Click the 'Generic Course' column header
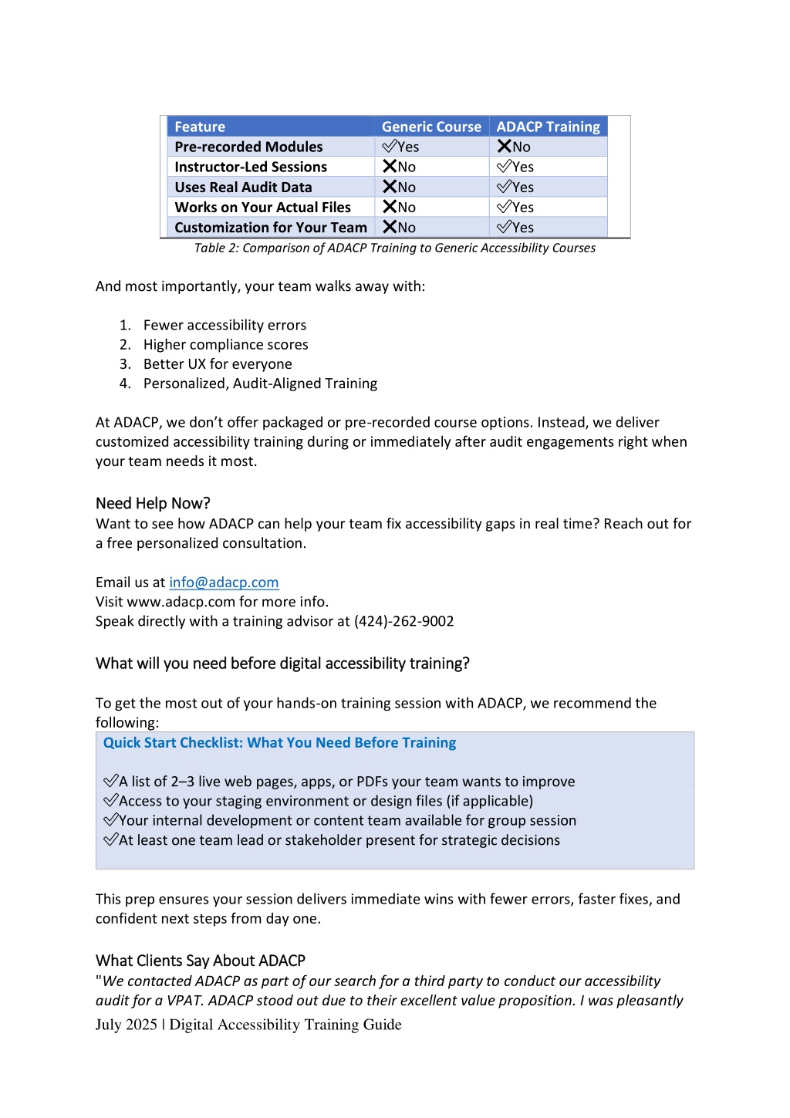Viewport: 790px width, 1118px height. [431, 127]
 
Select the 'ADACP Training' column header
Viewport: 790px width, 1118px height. [548, 127]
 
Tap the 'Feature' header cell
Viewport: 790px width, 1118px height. [200, 127]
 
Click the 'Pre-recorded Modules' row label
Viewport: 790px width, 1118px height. [248, 147]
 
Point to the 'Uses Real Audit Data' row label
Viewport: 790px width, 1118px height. [243, 187]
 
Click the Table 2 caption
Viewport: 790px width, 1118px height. [395, 248]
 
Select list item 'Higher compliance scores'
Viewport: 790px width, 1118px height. [225, 344]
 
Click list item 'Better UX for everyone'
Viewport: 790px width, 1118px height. [218, 364]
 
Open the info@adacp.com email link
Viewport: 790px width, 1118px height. [224, 583]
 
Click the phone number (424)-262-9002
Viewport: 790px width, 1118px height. [403, 621]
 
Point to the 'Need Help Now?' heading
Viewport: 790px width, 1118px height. [153, 503]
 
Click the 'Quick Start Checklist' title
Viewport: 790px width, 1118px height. [279, 742]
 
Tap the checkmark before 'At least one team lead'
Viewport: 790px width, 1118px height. [110, 839]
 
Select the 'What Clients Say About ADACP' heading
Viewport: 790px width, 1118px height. [201, 961]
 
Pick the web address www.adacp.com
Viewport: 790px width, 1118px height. [181, 602]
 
